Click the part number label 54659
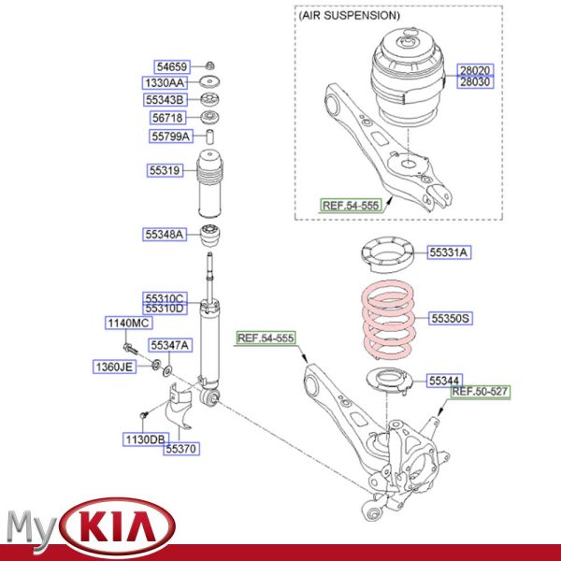click(x=172, y=66)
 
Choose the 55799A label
click(x=171, y=137)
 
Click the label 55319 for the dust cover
click(x=163, y=171)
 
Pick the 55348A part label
click(x=165, y=233)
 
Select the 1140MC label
click(x=127, y=323)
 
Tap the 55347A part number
click(x=170, y=345)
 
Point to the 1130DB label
click(x=146, y=439)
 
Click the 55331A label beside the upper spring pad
click(x=449, y=252)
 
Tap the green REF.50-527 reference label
click(x=482, y=391)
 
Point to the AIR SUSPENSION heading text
click(x=349, y=16)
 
